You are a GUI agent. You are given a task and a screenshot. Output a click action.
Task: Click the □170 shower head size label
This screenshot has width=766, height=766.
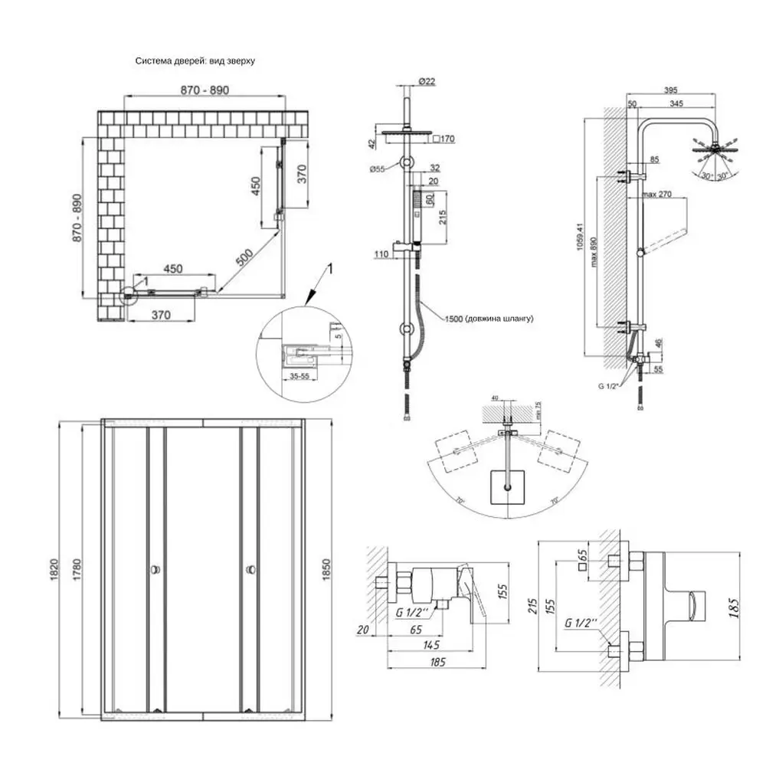click(x=444, y=139)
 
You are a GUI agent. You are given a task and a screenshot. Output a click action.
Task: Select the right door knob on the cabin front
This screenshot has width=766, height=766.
click(x=250, y=569)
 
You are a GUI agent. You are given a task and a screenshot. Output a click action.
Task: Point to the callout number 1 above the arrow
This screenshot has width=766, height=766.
click(x=331, y=268)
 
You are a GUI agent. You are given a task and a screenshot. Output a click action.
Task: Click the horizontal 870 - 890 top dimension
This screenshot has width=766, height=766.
click(x=205, y=90)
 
